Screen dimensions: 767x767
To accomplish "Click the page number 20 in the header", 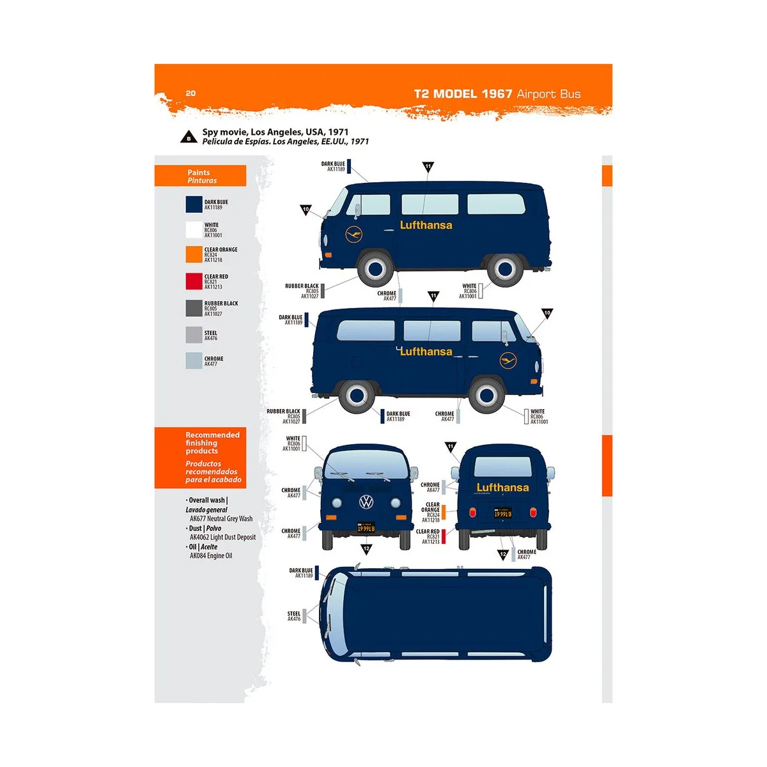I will pos(190,93).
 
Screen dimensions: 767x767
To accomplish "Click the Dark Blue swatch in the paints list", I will pos(194,205).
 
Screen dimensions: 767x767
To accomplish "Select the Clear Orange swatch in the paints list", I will pos(194,254).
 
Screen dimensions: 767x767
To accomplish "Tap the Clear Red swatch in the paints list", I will pos(194,281).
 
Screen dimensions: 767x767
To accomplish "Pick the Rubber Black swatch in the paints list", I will pos(194,308).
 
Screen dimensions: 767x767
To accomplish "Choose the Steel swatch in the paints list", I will pos(194,335).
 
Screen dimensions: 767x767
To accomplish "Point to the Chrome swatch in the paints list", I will pos(194,360).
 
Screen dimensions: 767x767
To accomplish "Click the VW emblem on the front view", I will pos(366,502).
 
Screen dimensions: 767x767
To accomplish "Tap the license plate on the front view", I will pos(366,529).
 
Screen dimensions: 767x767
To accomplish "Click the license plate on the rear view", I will pos(502,513).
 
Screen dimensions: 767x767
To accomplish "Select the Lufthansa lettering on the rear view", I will pos(502,488).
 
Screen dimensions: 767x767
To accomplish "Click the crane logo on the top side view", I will pos(353,235).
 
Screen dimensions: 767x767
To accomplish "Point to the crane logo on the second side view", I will pos(508,360).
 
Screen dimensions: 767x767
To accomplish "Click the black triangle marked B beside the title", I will pos(189,137).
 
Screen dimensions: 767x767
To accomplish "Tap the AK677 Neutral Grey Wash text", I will pos(221,519).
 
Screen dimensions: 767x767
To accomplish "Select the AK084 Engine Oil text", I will pos(211,556).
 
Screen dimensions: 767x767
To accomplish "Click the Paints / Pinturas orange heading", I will pos(201,176).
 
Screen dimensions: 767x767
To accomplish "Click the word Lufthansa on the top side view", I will pos(426,226).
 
